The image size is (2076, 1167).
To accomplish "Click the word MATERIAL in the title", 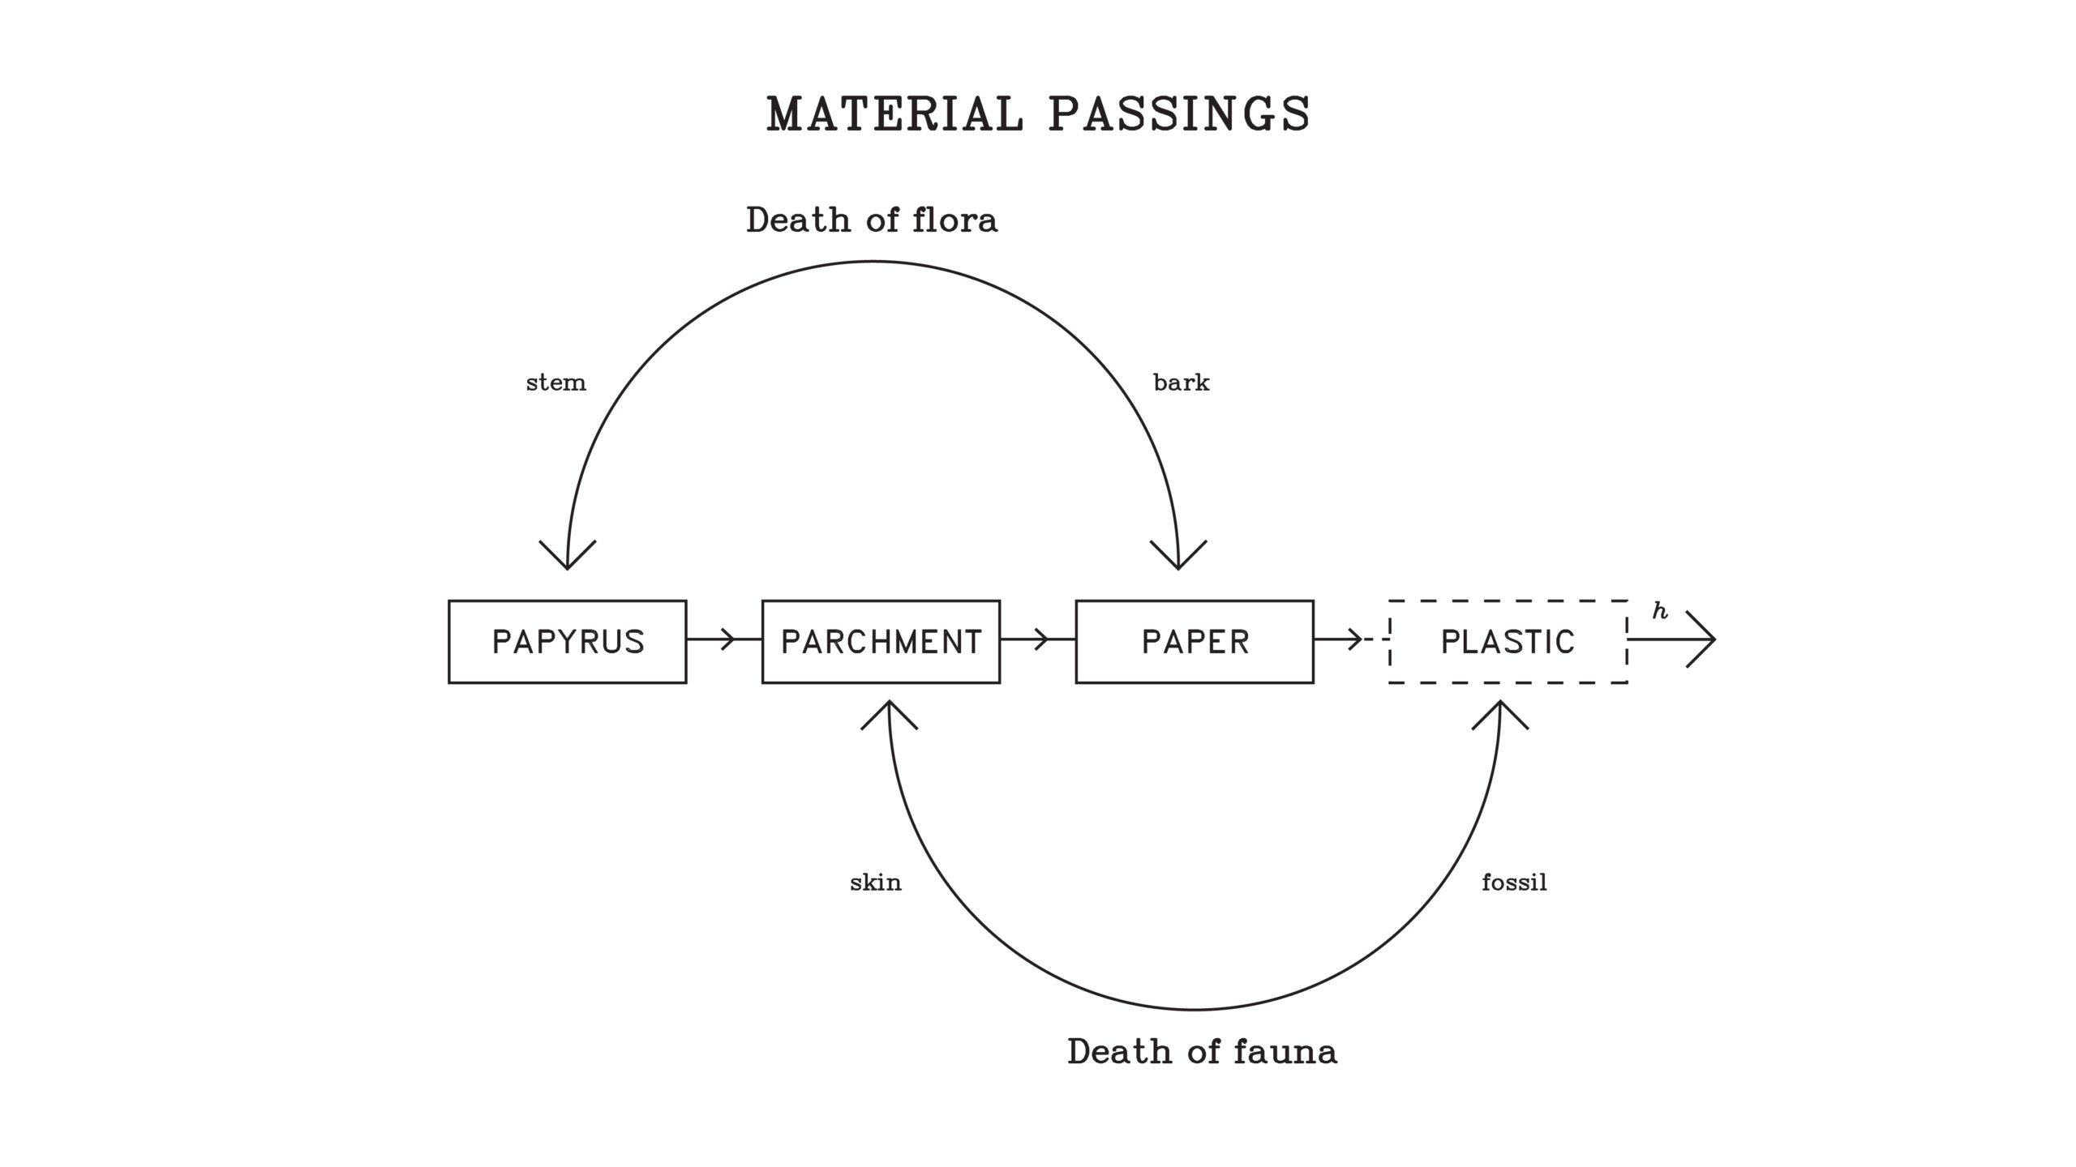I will pos(895,113).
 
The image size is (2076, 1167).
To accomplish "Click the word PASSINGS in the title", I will pos(1179,113).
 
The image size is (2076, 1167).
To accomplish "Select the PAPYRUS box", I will pos(568,642).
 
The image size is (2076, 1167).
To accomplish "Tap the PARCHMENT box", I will pos(881,642).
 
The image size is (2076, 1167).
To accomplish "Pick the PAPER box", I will pos(1195,642).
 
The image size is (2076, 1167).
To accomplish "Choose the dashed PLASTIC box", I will pos(1508,642).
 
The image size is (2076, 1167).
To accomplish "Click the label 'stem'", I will pos(555,383).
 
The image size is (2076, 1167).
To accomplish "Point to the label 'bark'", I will pos(1181,383).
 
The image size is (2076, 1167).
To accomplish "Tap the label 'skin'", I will pos(875,883).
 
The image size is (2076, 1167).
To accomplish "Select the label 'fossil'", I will pos(1514,883).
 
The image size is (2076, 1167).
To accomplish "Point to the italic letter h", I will pos(1660,612).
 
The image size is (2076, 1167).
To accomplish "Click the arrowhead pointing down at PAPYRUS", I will pos(568,559).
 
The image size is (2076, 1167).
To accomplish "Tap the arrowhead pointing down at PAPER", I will pos(1178,559).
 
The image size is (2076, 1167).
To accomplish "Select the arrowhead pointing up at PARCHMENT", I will pos(890,711).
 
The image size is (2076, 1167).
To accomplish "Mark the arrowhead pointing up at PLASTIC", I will pos(1500,711).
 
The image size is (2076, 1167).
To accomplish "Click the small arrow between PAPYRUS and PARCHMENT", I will pos(726,639).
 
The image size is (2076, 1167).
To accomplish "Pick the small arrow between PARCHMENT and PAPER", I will pos(1040,639).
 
